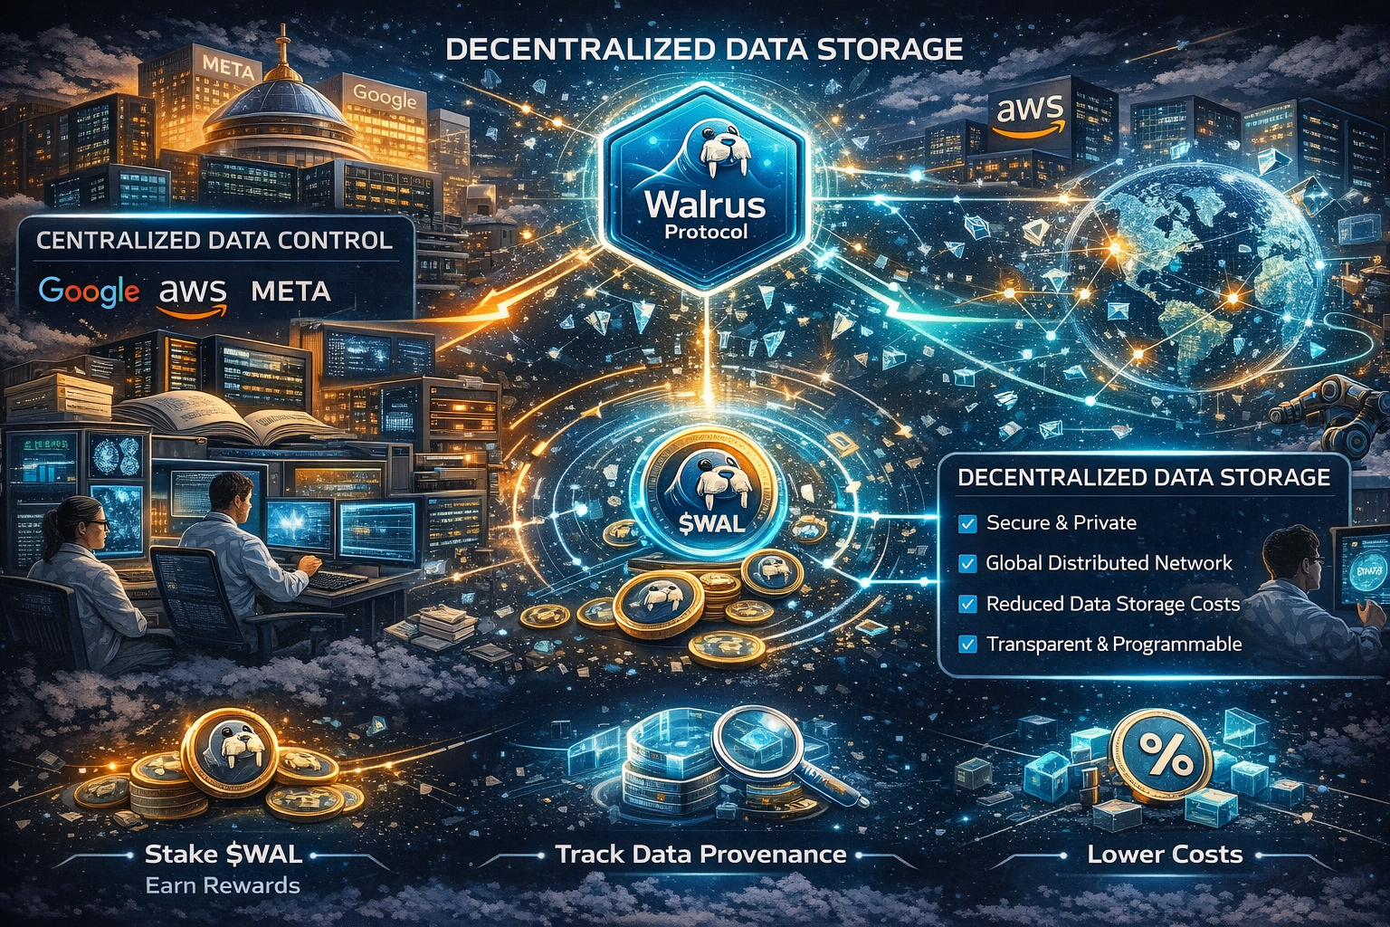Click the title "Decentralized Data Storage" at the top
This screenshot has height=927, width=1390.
coord(704,48)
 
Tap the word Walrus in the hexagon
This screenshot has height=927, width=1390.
coord(705,204)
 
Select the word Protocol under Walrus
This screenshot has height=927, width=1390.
coord(706,232)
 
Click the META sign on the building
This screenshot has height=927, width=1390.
coord(227,65)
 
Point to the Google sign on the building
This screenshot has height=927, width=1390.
coord(385,95)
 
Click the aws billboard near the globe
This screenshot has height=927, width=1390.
coord(1029,111)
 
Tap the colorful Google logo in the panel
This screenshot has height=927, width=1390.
coord(90,291)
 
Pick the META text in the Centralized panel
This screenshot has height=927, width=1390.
coord(290,291)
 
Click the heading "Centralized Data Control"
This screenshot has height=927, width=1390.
coord(214,240)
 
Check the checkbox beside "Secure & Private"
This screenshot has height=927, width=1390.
coord(967,523)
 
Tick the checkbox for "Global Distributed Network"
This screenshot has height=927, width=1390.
coord(967,563)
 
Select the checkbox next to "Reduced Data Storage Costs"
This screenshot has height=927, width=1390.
coord(967,604)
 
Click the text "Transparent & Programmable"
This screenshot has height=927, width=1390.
coord(1114,644)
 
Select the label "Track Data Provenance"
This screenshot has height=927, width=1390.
coord(701,854)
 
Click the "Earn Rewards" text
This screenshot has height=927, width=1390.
coord(223,885)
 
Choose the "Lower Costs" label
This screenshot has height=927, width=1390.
coord(1165,854)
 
